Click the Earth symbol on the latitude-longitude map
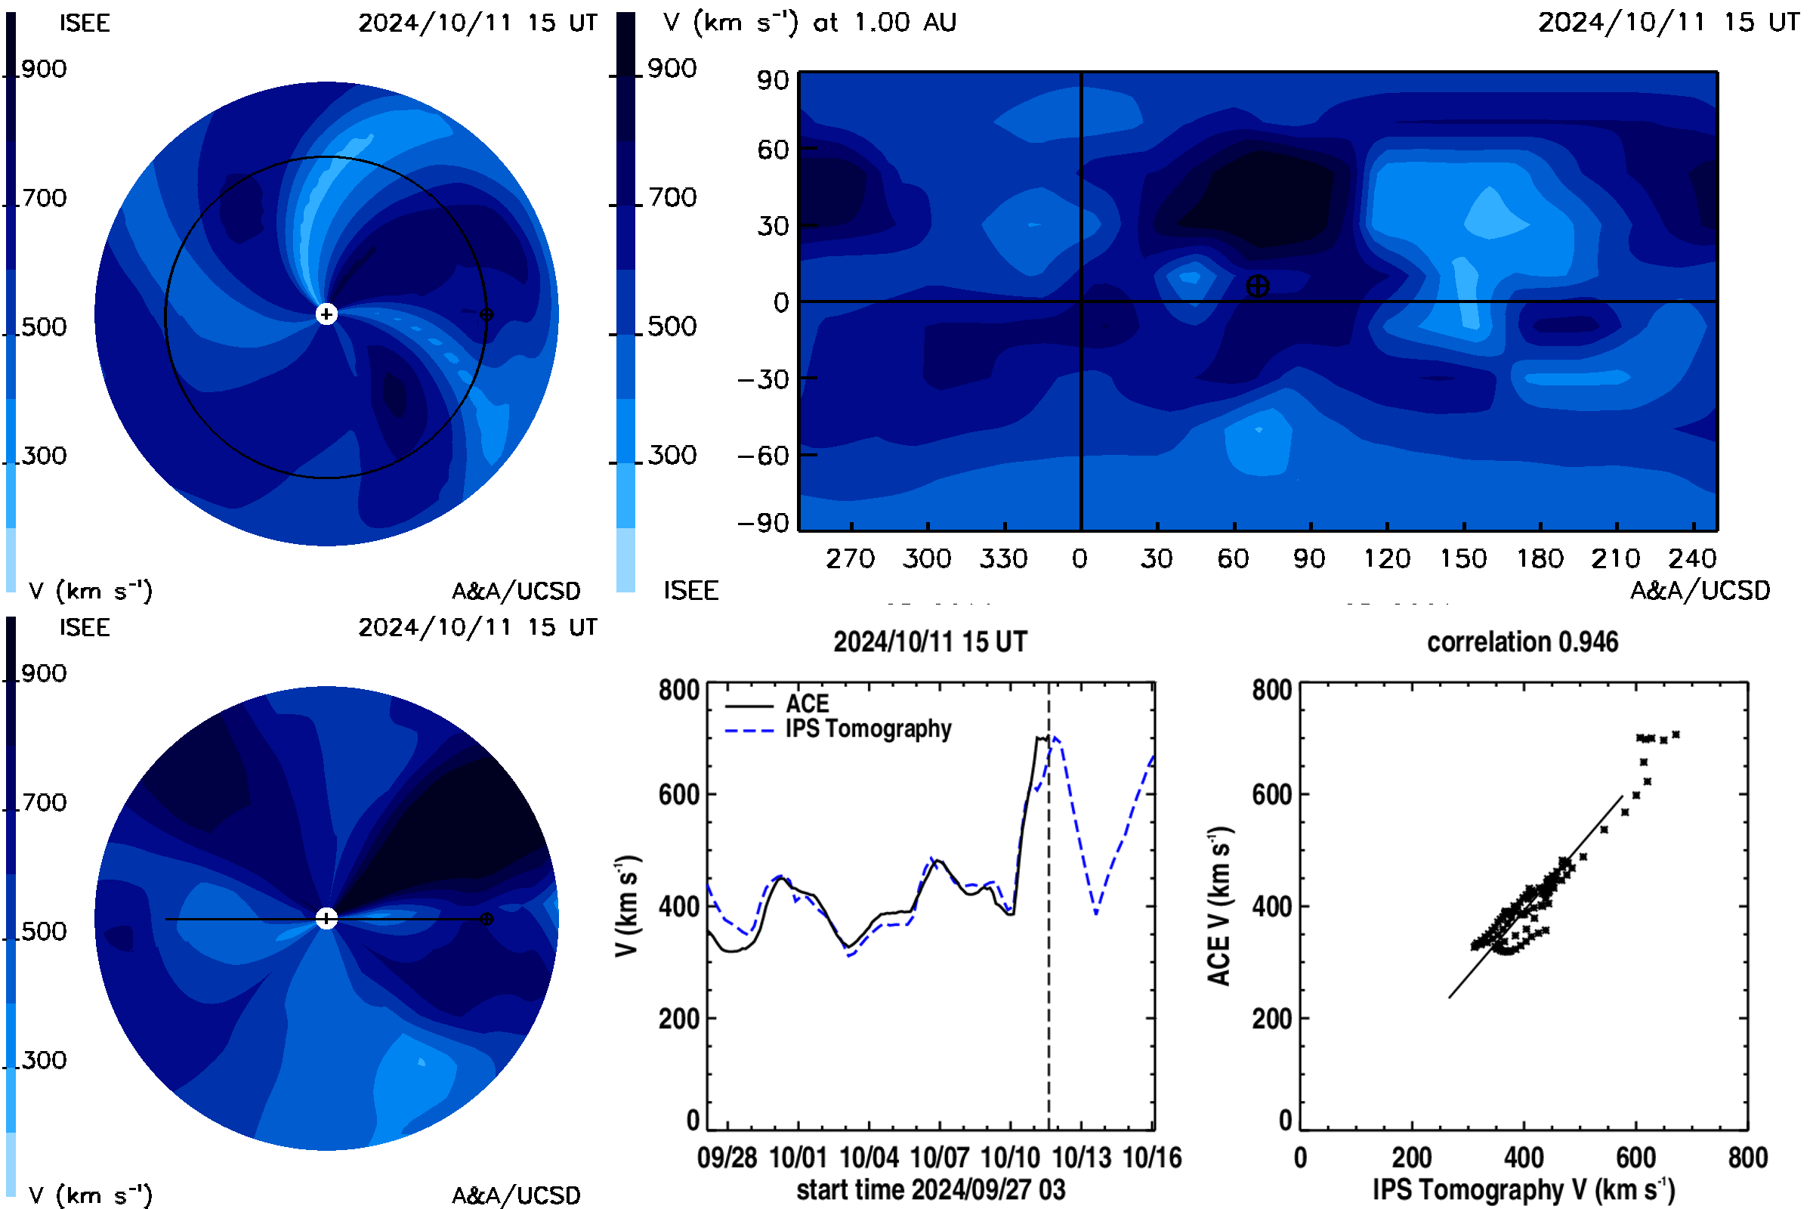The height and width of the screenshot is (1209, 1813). click(x=1257, y=286)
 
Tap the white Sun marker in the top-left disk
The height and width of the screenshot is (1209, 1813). click(x=327, y=314)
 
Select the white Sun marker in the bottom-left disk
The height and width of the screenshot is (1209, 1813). click(x=327, y=918)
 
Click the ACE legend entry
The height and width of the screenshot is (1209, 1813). click(x=777, y=704)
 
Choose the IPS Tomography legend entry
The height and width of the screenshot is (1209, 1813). click(x=839, y=728)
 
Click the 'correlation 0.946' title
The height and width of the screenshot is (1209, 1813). click(x=1522, y=642)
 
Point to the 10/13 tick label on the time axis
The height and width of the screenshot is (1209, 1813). click(x=1082, y=1158)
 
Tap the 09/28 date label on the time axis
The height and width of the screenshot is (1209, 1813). click(x=727, y=1158)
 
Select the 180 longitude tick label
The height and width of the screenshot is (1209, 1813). click(x=1540, y=558)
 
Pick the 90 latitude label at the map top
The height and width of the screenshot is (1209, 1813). click(x=773, y=80)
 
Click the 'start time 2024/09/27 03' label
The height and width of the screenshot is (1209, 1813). click(x=931, y=1189)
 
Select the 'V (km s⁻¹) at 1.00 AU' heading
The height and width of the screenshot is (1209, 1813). click(x=810, y=23)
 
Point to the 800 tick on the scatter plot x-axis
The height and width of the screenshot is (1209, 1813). click(x=1747, y=1158)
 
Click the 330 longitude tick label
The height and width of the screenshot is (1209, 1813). click(x=1004, y=558)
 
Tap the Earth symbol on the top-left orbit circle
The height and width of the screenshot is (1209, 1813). click(x=486, y=314)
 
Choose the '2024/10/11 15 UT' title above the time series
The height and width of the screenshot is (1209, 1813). click(x=931, y=642)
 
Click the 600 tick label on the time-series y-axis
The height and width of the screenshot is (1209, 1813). click(x=679, y=794)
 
